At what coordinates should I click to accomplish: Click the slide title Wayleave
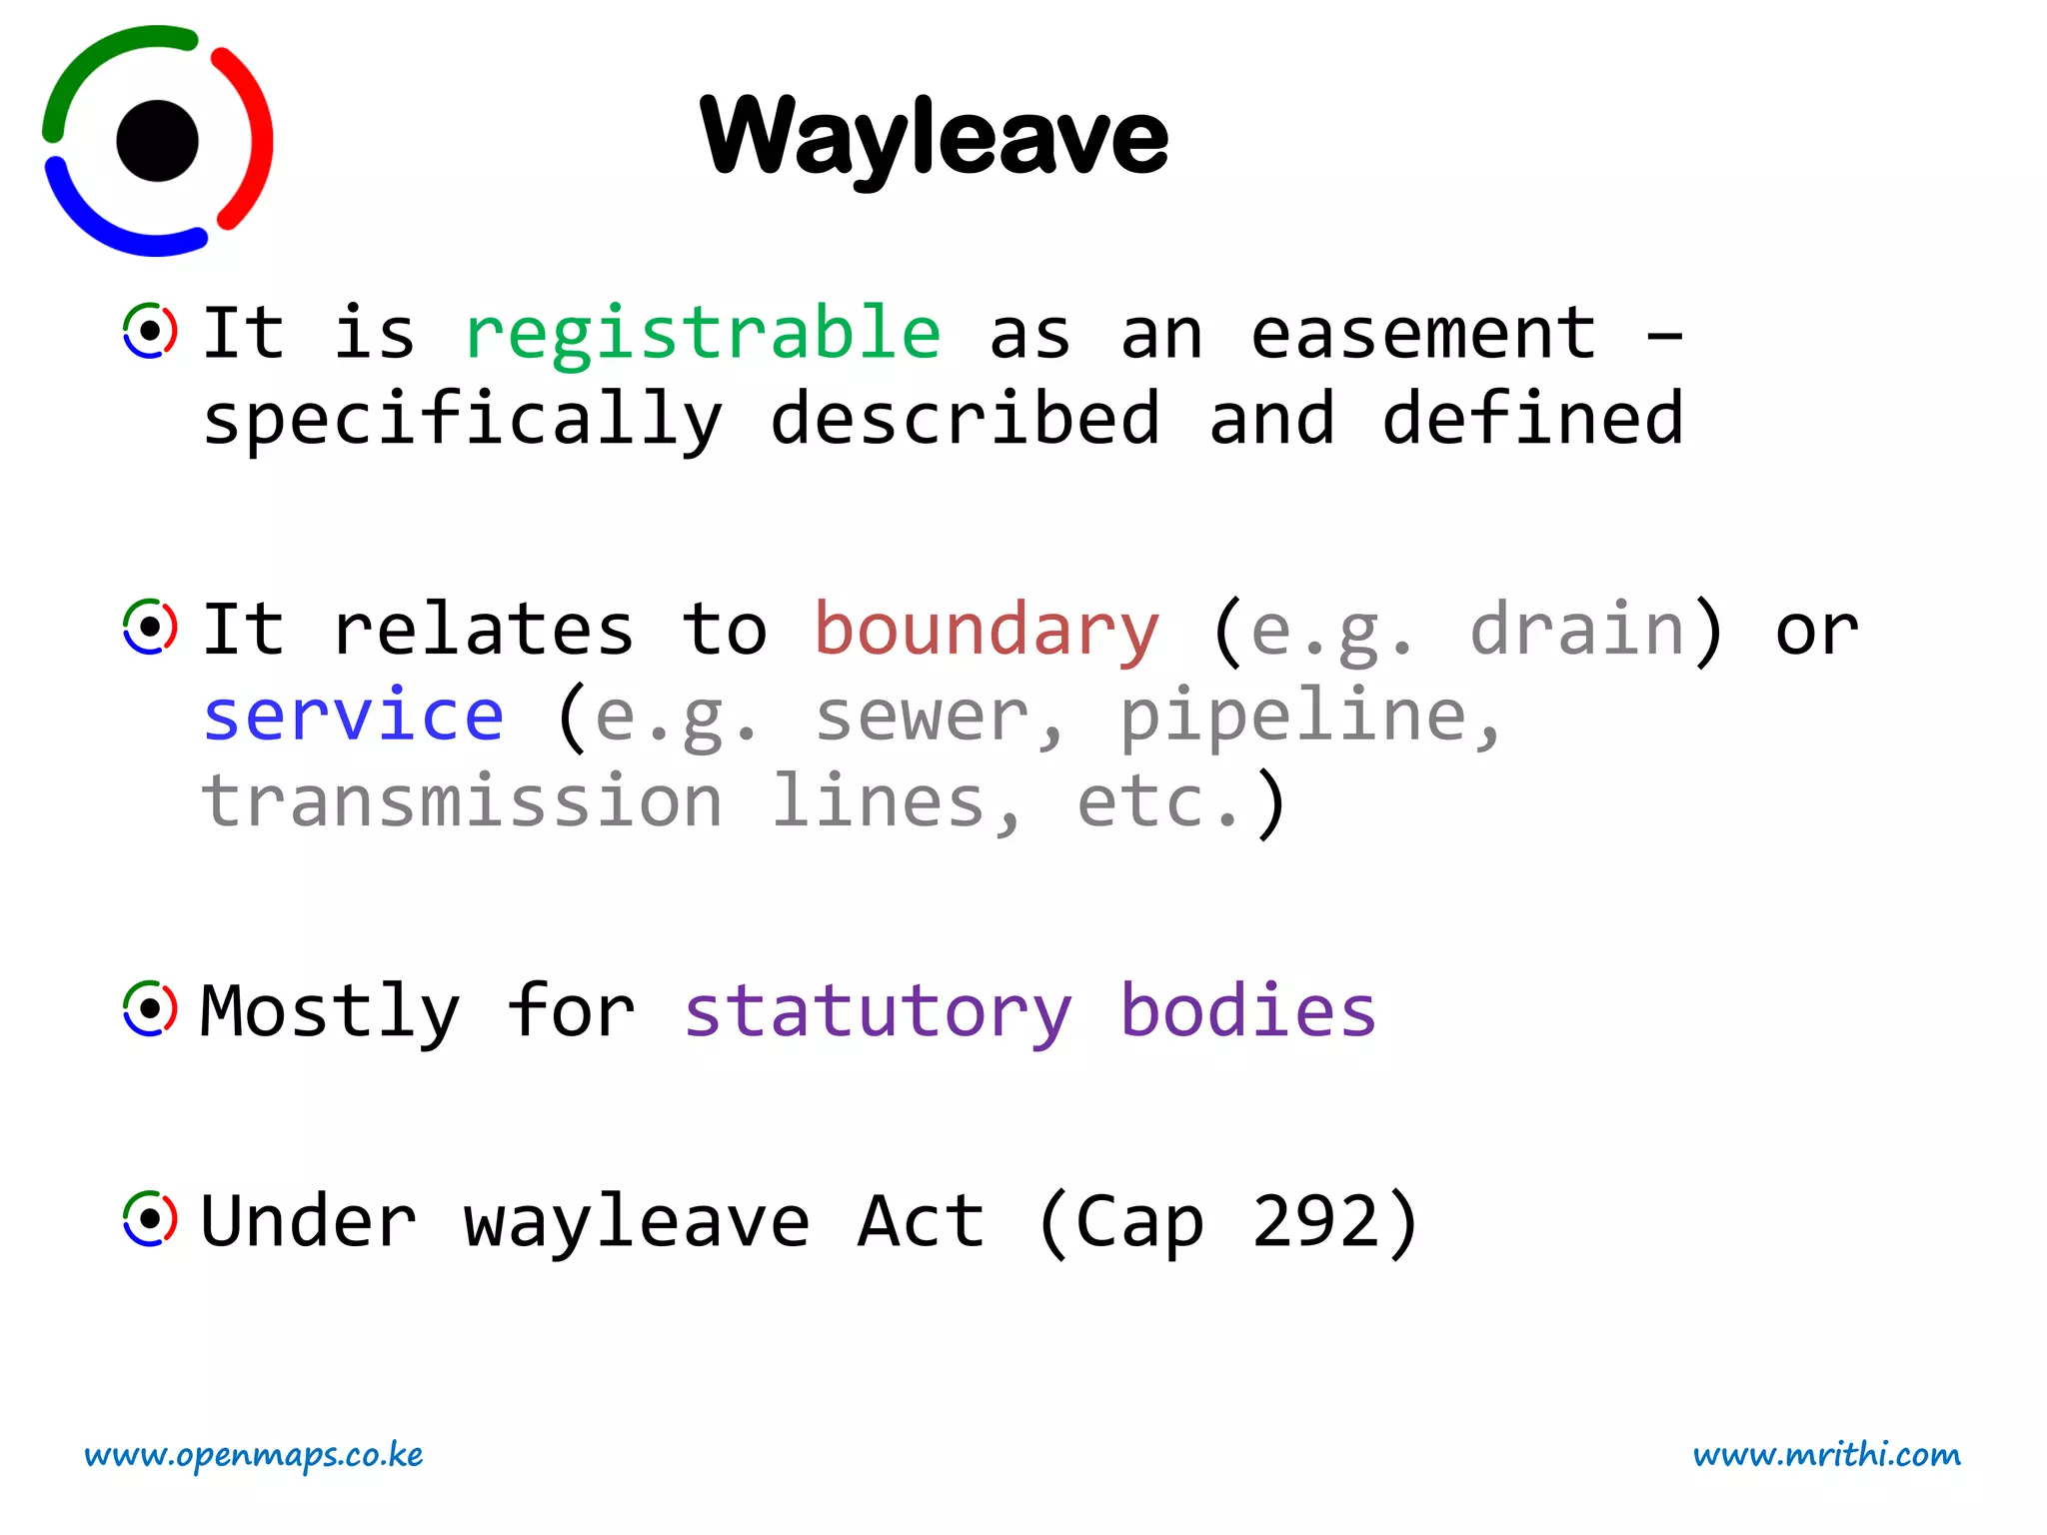pos(934,137)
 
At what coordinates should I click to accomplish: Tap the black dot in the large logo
pos(157,141)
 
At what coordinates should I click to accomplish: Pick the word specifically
pos(462,421)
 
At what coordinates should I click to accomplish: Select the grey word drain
pos(1577,630)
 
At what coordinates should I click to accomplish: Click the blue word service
pos(354,716)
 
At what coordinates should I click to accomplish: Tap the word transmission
pos(462,801)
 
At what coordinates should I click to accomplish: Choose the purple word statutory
pos(878,1012)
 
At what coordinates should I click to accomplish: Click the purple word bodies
pos(1247,1010)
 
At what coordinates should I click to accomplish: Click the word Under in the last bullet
pos(308,1221)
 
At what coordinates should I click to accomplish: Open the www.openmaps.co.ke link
pos(254,1455)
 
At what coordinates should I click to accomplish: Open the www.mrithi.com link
pos(1826,1455)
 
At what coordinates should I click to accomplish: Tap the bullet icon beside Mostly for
pos(150,1009)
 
